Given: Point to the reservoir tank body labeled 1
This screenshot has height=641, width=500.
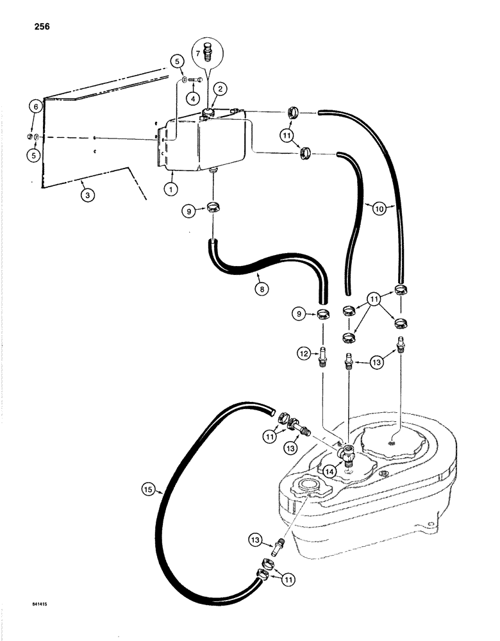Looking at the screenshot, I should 199,147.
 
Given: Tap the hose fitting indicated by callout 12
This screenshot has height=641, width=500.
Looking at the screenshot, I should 324,354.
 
